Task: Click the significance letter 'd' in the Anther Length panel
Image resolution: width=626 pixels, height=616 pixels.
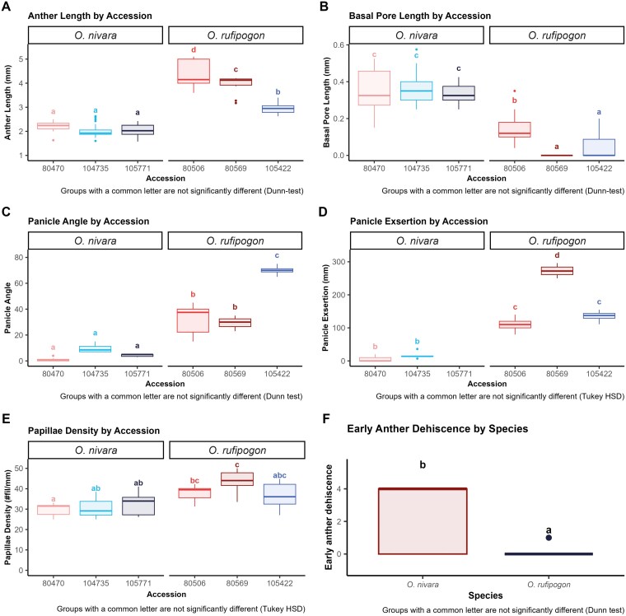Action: [194, 50]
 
